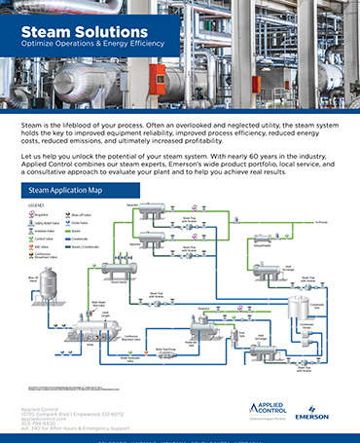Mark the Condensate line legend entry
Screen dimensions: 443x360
pyautogui.click(x=95, y=242)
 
